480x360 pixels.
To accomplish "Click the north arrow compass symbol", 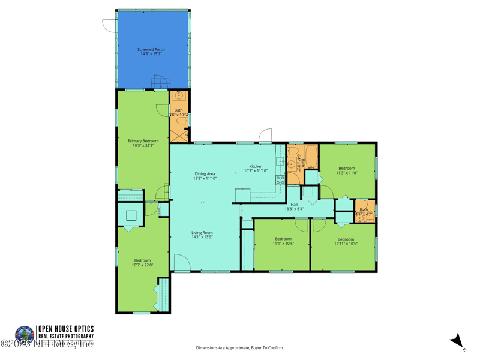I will (x=458, y=341).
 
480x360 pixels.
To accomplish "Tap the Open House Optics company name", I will (x=65, y=329).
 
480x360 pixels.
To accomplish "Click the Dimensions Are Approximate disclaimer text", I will (x=240, y=348).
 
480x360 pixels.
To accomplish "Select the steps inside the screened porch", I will (x=161, y=83).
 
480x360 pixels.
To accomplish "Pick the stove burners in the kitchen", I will (x=280, y=180).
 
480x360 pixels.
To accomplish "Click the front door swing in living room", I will (x=182, y=262).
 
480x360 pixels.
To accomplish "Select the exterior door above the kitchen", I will (x=265, y=136).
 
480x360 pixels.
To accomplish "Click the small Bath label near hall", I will (x=364, y=211).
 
